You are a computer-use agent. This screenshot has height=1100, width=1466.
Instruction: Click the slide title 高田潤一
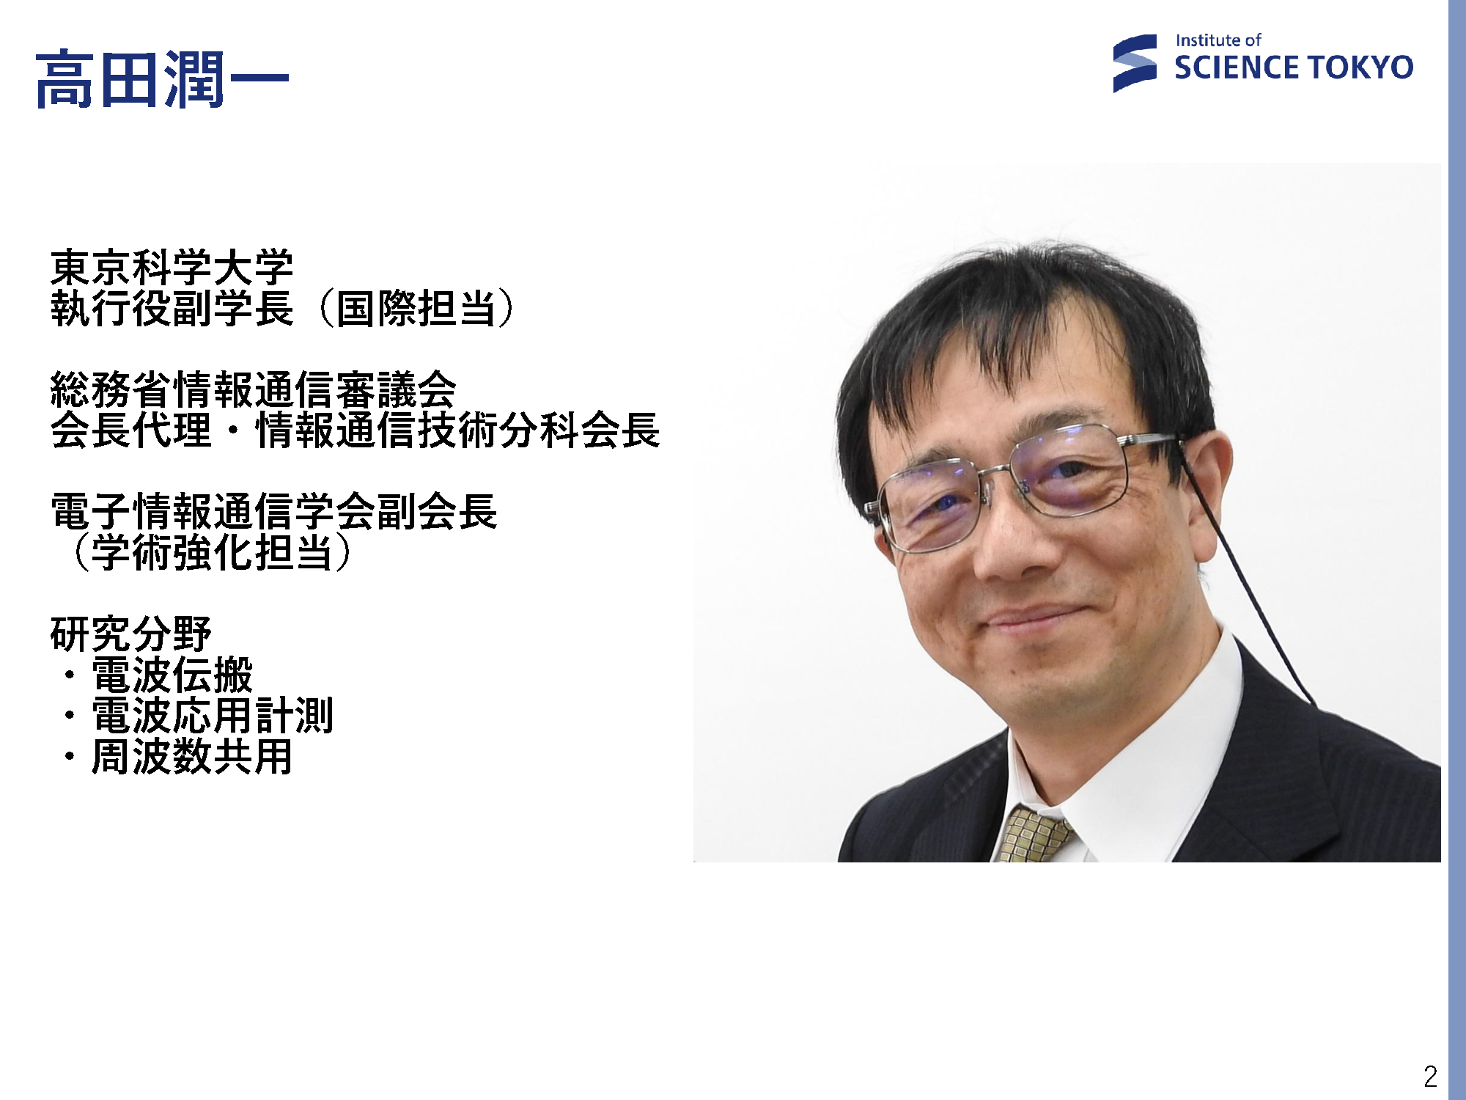[162, 79]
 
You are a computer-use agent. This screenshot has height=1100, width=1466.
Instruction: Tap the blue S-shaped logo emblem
[1135, 64]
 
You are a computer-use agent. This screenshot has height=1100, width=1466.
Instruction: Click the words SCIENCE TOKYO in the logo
[1294, 67]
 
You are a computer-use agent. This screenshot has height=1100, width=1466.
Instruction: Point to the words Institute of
[1218, 40]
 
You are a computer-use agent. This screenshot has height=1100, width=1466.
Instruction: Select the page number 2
[1430, 1077]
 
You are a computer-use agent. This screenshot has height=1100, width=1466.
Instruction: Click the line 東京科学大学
[172, 267]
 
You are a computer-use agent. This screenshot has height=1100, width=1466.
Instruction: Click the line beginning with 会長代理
[355, 430]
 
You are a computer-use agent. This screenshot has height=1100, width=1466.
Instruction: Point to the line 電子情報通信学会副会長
[273, 511]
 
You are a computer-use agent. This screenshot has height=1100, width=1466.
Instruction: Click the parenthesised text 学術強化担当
[213, 552]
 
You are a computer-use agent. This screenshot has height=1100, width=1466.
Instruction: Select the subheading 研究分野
[130, 634]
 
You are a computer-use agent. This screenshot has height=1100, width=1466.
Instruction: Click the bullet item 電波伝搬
[172, 675]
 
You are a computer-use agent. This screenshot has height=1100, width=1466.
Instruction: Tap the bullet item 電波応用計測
[213, 715]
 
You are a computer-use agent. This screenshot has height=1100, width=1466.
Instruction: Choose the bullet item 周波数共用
[192, 756]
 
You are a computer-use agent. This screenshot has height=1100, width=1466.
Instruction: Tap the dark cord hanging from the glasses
[1246, 579]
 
